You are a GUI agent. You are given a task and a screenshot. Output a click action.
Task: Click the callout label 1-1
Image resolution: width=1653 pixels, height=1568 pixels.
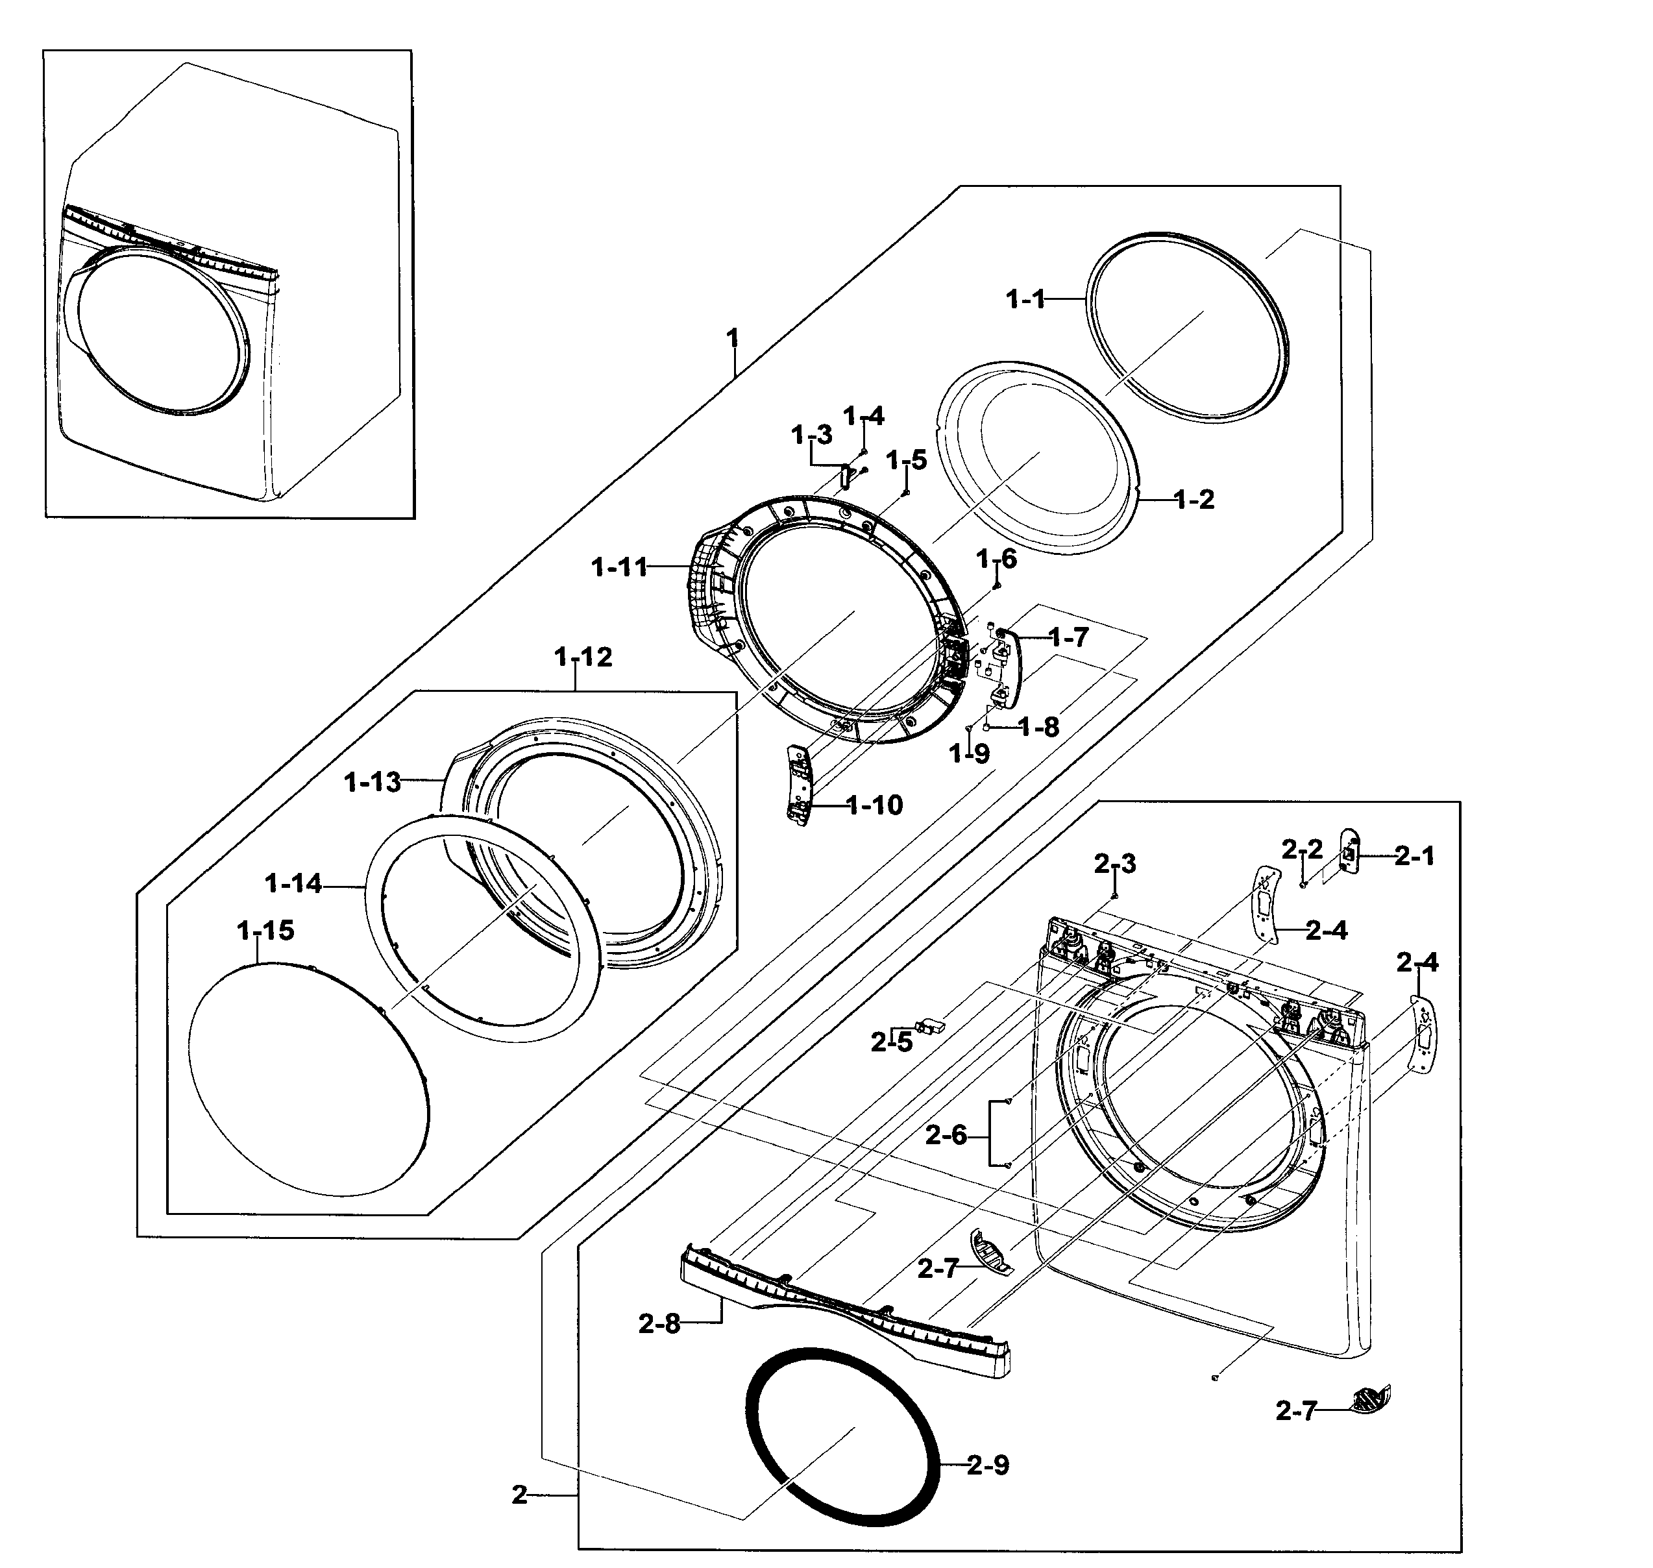(1025, 299)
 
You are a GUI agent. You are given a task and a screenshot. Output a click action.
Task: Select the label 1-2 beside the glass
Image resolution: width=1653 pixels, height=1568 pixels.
(1194, 500)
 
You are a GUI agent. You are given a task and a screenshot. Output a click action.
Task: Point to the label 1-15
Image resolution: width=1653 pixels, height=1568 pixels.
(265, 930)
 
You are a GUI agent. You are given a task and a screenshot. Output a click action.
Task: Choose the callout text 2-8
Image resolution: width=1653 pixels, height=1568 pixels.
(659, 1324)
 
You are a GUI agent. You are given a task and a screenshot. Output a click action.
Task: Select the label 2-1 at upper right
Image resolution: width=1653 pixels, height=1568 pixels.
(1414, 856)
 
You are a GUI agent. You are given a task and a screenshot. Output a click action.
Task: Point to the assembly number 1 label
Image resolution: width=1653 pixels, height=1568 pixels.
(733, 339)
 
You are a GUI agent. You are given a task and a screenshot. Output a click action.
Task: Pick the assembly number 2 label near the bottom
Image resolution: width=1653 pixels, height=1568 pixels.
(520, 1495)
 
